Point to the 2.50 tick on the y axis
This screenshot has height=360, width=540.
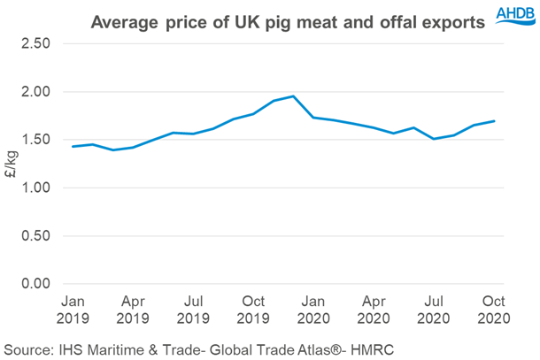click(35, 43)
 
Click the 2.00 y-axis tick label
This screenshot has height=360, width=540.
click(35, 92)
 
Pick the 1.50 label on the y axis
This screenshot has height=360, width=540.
click(35, 140)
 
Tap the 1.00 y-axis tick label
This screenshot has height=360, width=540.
click(35, 188)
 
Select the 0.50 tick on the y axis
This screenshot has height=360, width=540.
click(35, 235)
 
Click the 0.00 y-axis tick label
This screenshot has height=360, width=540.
click(35, 283)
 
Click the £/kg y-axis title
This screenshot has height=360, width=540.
click(12, 166)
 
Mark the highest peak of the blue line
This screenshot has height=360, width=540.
click(293, 96)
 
